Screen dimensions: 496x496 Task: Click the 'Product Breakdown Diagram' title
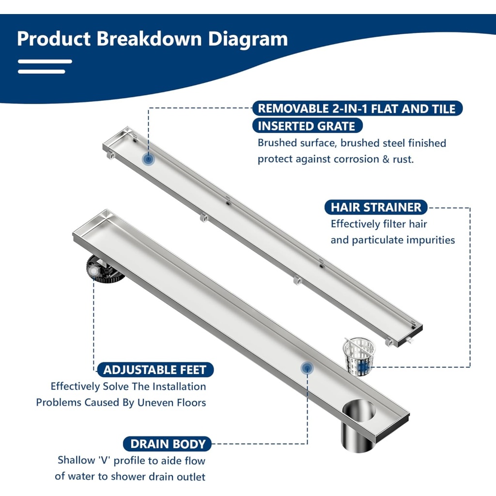pyautogui.click(x=152, y=39)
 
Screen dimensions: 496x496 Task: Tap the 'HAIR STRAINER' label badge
pyautogui.click(x=376, y=207)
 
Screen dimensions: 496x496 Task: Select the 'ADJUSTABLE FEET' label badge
pyautogui.click(x=155, y=370)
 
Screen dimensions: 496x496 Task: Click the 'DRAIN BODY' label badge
pyautogui.click(x=168, y=444)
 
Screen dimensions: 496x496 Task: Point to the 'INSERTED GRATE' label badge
pyautogui.click(x=307, y=126)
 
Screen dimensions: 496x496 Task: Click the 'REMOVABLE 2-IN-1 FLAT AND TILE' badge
pyautogui.click(x=357, y=108)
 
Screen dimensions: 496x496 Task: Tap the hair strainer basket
pyautogui.click(x=359, y=356)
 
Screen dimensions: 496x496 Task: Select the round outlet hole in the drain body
pyautogui.click(x=359, y=411)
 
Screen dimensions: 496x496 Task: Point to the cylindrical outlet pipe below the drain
pyautogui.click(x=358, y=435)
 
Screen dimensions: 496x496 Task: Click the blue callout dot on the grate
pyautogui.click(x=148, y=159)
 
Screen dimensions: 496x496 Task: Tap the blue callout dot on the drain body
pyautogui.click(x=307, y=368)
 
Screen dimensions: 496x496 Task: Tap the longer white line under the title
pyautogui.click(x=45, y=62)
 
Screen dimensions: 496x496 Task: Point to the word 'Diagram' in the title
pyautogui.click(x=248, y=39)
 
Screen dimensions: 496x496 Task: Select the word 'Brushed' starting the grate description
pyautogui.click(x=278, y=143)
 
